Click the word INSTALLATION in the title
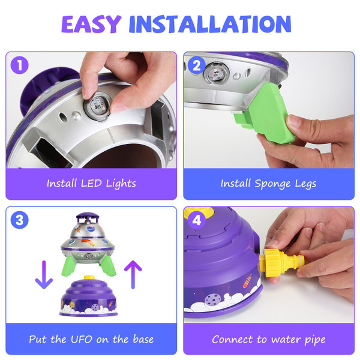point(210,24)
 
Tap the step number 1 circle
point(19,65)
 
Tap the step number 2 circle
point(196,65)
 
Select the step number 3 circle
point(19,220)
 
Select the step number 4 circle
point(196,220)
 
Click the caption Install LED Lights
point(91,184)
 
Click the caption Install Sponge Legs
point(268,184)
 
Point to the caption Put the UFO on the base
point(91,339)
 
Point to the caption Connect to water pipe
point(268,339)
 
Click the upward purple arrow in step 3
point(133,274)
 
